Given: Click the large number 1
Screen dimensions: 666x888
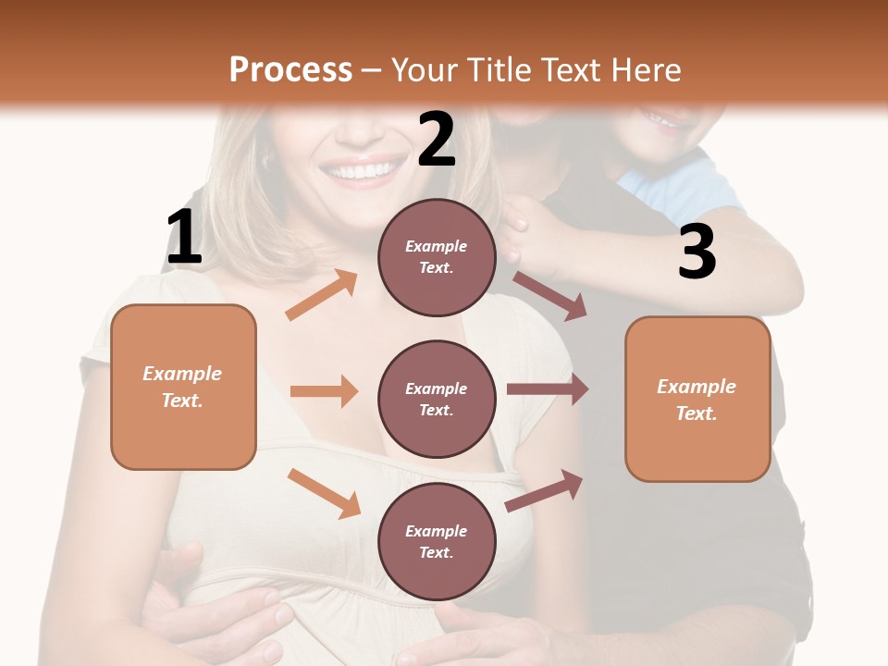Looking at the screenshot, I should point(184,238).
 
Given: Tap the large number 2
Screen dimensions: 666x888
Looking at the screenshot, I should point(437,140).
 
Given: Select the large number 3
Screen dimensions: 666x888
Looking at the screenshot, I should point(697,252).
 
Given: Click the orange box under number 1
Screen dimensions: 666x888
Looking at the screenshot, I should point(183,387).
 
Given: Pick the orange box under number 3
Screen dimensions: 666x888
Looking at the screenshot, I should point(697,400).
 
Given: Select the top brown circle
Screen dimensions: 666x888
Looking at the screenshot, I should point(437,257).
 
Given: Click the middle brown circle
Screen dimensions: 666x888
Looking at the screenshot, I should point(437,399).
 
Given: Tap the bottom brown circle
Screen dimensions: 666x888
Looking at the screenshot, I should point(437,541).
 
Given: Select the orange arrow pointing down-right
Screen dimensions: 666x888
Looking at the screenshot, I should point(324,492).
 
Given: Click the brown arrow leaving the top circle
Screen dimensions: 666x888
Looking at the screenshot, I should point(549,295).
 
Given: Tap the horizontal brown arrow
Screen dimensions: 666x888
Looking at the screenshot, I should point(548,389).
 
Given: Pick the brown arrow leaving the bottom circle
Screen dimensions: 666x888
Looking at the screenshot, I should point(545,490).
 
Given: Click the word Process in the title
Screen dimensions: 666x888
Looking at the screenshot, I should point(290,69).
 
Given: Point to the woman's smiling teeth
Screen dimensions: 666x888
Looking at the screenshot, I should point(361,171).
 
